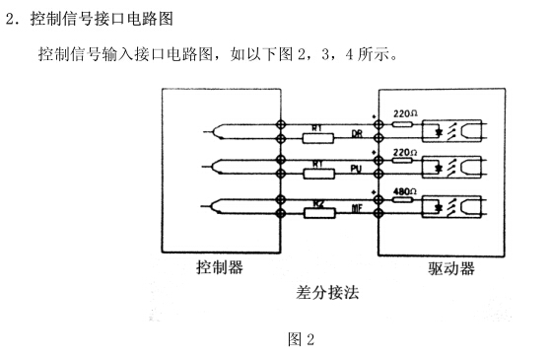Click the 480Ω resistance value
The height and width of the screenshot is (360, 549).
pos(404,190)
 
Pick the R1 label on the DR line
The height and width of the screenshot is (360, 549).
pos(317,126)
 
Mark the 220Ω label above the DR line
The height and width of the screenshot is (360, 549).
pos(404,114)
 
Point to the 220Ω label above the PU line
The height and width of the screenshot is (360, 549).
pos(404,152)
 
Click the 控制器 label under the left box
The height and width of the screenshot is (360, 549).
pos(217,266)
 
